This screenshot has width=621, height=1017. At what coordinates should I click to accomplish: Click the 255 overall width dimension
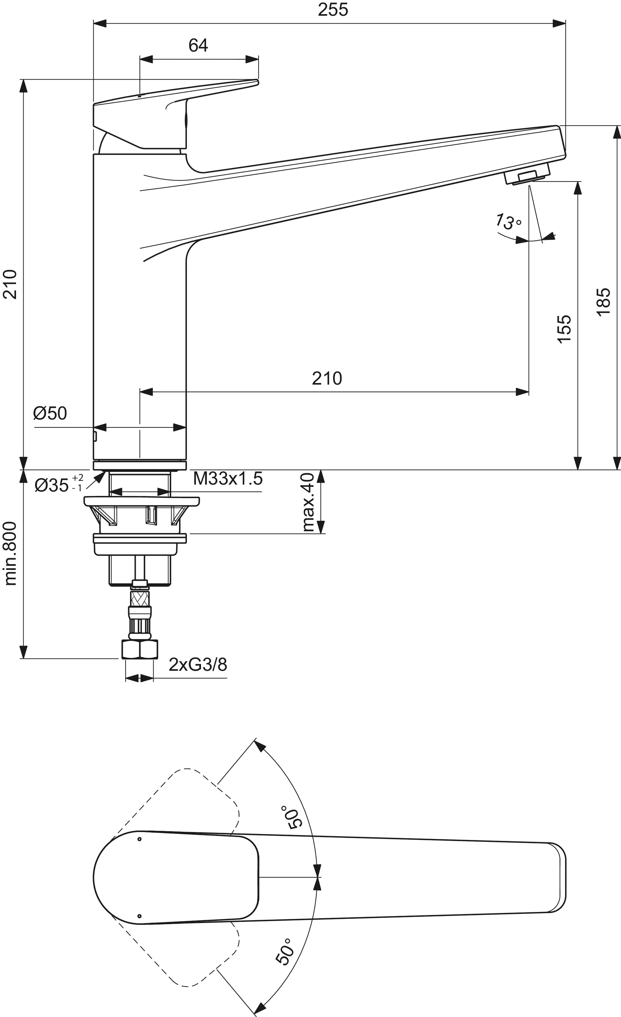coord(333,9)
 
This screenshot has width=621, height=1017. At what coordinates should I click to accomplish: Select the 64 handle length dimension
coord(198,45)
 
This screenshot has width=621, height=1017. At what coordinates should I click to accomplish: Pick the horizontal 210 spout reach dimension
coord(327,379)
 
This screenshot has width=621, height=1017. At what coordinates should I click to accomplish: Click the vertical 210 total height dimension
coord(10,284)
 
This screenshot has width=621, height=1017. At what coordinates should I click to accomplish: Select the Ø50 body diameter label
coord(50,413)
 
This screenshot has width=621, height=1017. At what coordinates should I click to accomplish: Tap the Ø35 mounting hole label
coord(58,485)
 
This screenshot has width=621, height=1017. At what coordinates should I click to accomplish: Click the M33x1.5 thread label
coord(228,479)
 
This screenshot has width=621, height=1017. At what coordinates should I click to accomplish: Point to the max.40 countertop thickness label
coord(308,502)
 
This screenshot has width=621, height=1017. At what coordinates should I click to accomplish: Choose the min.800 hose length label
coord(10,553)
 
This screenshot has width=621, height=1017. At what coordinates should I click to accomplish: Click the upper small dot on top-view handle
coord(139,839)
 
